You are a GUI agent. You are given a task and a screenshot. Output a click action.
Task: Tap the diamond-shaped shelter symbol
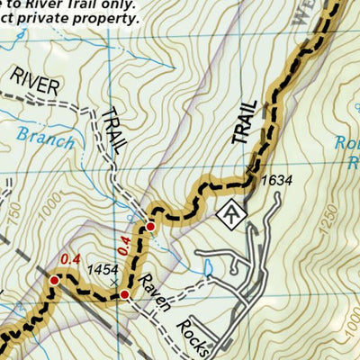(x=232, y=213)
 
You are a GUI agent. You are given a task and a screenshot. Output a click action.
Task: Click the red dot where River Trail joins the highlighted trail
(x=151, y=227)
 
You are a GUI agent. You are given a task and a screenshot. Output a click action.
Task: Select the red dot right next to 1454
(x=125, y=294)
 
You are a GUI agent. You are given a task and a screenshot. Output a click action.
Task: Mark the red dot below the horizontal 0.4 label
(x=54, y=281)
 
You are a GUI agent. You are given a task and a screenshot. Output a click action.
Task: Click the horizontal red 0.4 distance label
(x=69, y=260)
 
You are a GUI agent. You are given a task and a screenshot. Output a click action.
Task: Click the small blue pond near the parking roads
(x=208, y=266)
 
